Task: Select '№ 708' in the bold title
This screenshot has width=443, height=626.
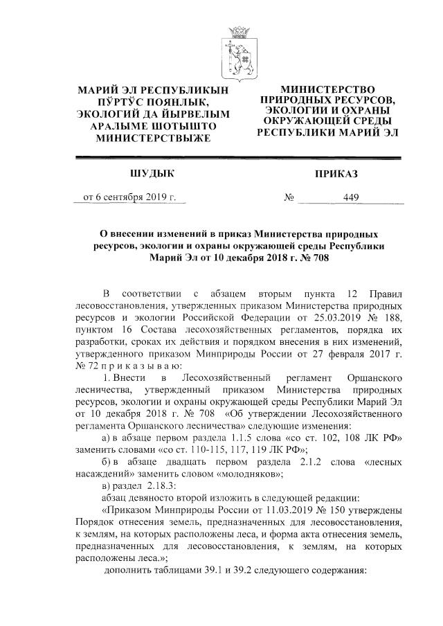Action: click(x=309, y=258)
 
